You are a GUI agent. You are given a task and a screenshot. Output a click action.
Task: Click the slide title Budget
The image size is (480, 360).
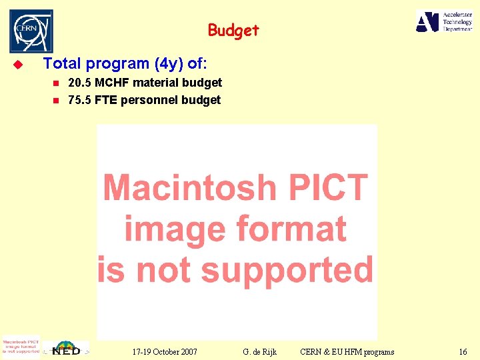[x=233, y=30]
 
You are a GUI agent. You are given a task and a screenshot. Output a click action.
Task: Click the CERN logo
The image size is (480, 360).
[x=31, y=31]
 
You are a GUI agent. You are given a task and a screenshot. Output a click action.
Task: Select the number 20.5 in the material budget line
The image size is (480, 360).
[x=80, y=83]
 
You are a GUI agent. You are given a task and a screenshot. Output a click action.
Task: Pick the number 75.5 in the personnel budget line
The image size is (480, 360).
[x=80, y=100]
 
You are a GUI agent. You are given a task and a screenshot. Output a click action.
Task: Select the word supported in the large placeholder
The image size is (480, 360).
[x=286, y=270]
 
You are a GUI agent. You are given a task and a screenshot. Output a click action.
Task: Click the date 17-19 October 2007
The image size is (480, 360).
[x=165, y=351]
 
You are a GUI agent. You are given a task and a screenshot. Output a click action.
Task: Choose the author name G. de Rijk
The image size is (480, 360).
[x=260, y=351]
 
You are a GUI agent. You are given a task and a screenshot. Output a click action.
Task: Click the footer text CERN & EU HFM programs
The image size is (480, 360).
[x=347, y=351]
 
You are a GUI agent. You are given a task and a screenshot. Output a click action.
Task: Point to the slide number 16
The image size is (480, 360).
[x=463, y=351]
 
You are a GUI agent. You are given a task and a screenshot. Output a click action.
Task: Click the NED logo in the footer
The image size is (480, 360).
[x=67, y=349]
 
